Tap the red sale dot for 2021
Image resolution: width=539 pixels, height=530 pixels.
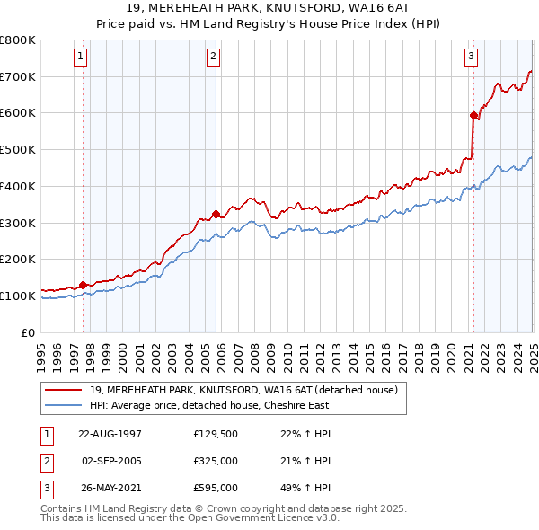click(473, 115)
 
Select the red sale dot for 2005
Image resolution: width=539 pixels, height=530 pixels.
click(216, 214)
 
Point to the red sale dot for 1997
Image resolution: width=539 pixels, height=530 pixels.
click(84, 286)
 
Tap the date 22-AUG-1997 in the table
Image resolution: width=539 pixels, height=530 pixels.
click(110, 434)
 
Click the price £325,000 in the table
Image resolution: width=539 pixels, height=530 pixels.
click(216, 461)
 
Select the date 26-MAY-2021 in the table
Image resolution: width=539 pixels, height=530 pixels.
click(110, 488)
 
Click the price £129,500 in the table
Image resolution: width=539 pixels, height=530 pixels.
click(216, 434)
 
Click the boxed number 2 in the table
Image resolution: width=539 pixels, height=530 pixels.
click(46, 461)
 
